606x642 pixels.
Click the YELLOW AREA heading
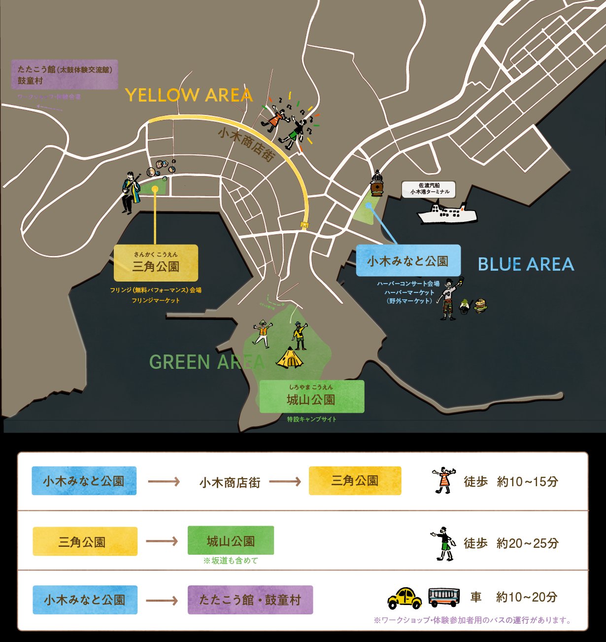(189, 95)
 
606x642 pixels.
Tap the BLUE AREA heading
(526, 265)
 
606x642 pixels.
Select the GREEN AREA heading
(207, 362)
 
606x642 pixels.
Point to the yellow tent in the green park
(289, 358)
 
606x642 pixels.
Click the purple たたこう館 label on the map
(65, 74)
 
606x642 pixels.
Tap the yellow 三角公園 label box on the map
(156, 263)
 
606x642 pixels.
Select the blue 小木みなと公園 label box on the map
(408, 261)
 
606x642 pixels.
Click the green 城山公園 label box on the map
(311, 396)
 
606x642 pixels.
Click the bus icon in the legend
(443, 598)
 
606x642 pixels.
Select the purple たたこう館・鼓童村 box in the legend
(250, 600)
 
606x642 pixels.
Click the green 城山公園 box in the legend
(231, 541)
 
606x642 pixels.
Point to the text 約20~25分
(527, 543)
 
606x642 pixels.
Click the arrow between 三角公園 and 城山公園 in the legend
(162, 541)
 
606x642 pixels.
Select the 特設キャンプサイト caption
(311, 419)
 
